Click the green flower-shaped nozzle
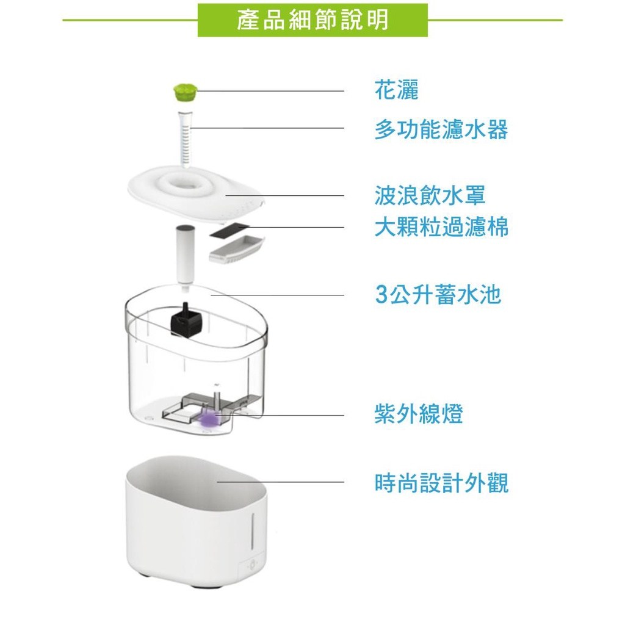click(184, 93)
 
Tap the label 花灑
click(397, 90)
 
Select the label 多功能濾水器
click(441, 130)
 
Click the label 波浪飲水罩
click(430, 195)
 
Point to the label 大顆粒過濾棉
click(441, 227)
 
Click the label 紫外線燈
click(419, 414)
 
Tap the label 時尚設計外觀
click(441, 483)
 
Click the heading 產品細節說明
click(312, 20)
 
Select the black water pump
click(186, 319)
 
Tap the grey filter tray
click(236, 249)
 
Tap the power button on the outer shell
click(251, 566)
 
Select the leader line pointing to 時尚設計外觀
click(281, 482)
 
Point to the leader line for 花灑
click(270, 91)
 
